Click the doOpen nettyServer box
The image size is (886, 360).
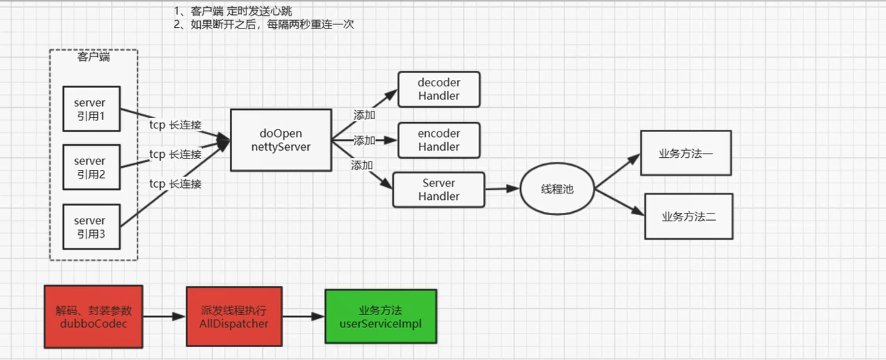tap(281, 140)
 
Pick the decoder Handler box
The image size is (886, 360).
tap(439, 89)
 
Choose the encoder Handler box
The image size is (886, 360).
tap(439, 140)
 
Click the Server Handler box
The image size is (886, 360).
tap(439, 189)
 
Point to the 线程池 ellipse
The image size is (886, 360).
tap(557, 189)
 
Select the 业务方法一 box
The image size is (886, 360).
tap(686, 153)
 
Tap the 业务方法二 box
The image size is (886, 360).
tap(689, 216)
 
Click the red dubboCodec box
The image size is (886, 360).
tap(94, 316)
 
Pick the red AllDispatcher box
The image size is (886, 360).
tap(234, 316)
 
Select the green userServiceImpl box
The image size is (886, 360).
tap(380, 316)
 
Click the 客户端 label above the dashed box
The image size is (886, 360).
tap(94, 57)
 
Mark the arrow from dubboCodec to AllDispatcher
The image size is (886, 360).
tap(164, 316)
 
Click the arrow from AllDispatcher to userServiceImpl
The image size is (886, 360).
tap(304, 316)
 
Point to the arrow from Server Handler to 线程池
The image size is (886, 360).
tap(502, 189)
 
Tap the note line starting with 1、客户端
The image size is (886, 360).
tap(233, 11)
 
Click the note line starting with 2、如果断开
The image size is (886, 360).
tap(264, 24)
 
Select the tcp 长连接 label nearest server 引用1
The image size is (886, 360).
tap(175, 125)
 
